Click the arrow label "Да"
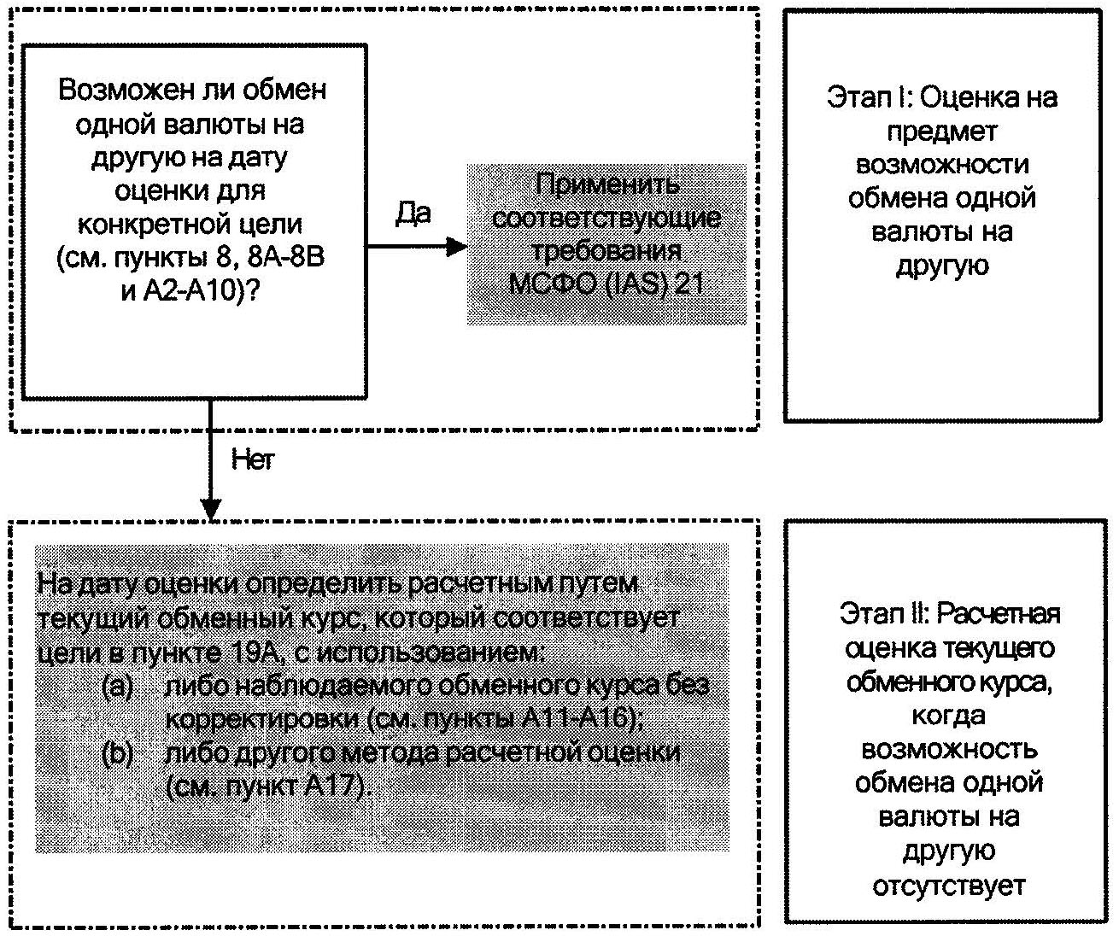tap(413, 213)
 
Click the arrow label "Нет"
tap(253, 459)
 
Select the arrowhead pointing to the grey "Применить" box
tap(457, 247)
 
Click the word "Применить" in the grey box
tap(607, 184)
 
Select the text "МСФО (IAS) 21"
tap(606, 284)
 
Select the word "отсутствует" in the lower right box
tap(948, 886)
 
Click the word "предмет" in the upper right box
tap(942, 132)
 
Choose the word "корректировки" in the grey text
tap(261, 719)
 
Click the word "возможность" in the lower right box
tap(949, 750)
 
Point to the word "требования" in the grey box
tap(607, 250)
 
